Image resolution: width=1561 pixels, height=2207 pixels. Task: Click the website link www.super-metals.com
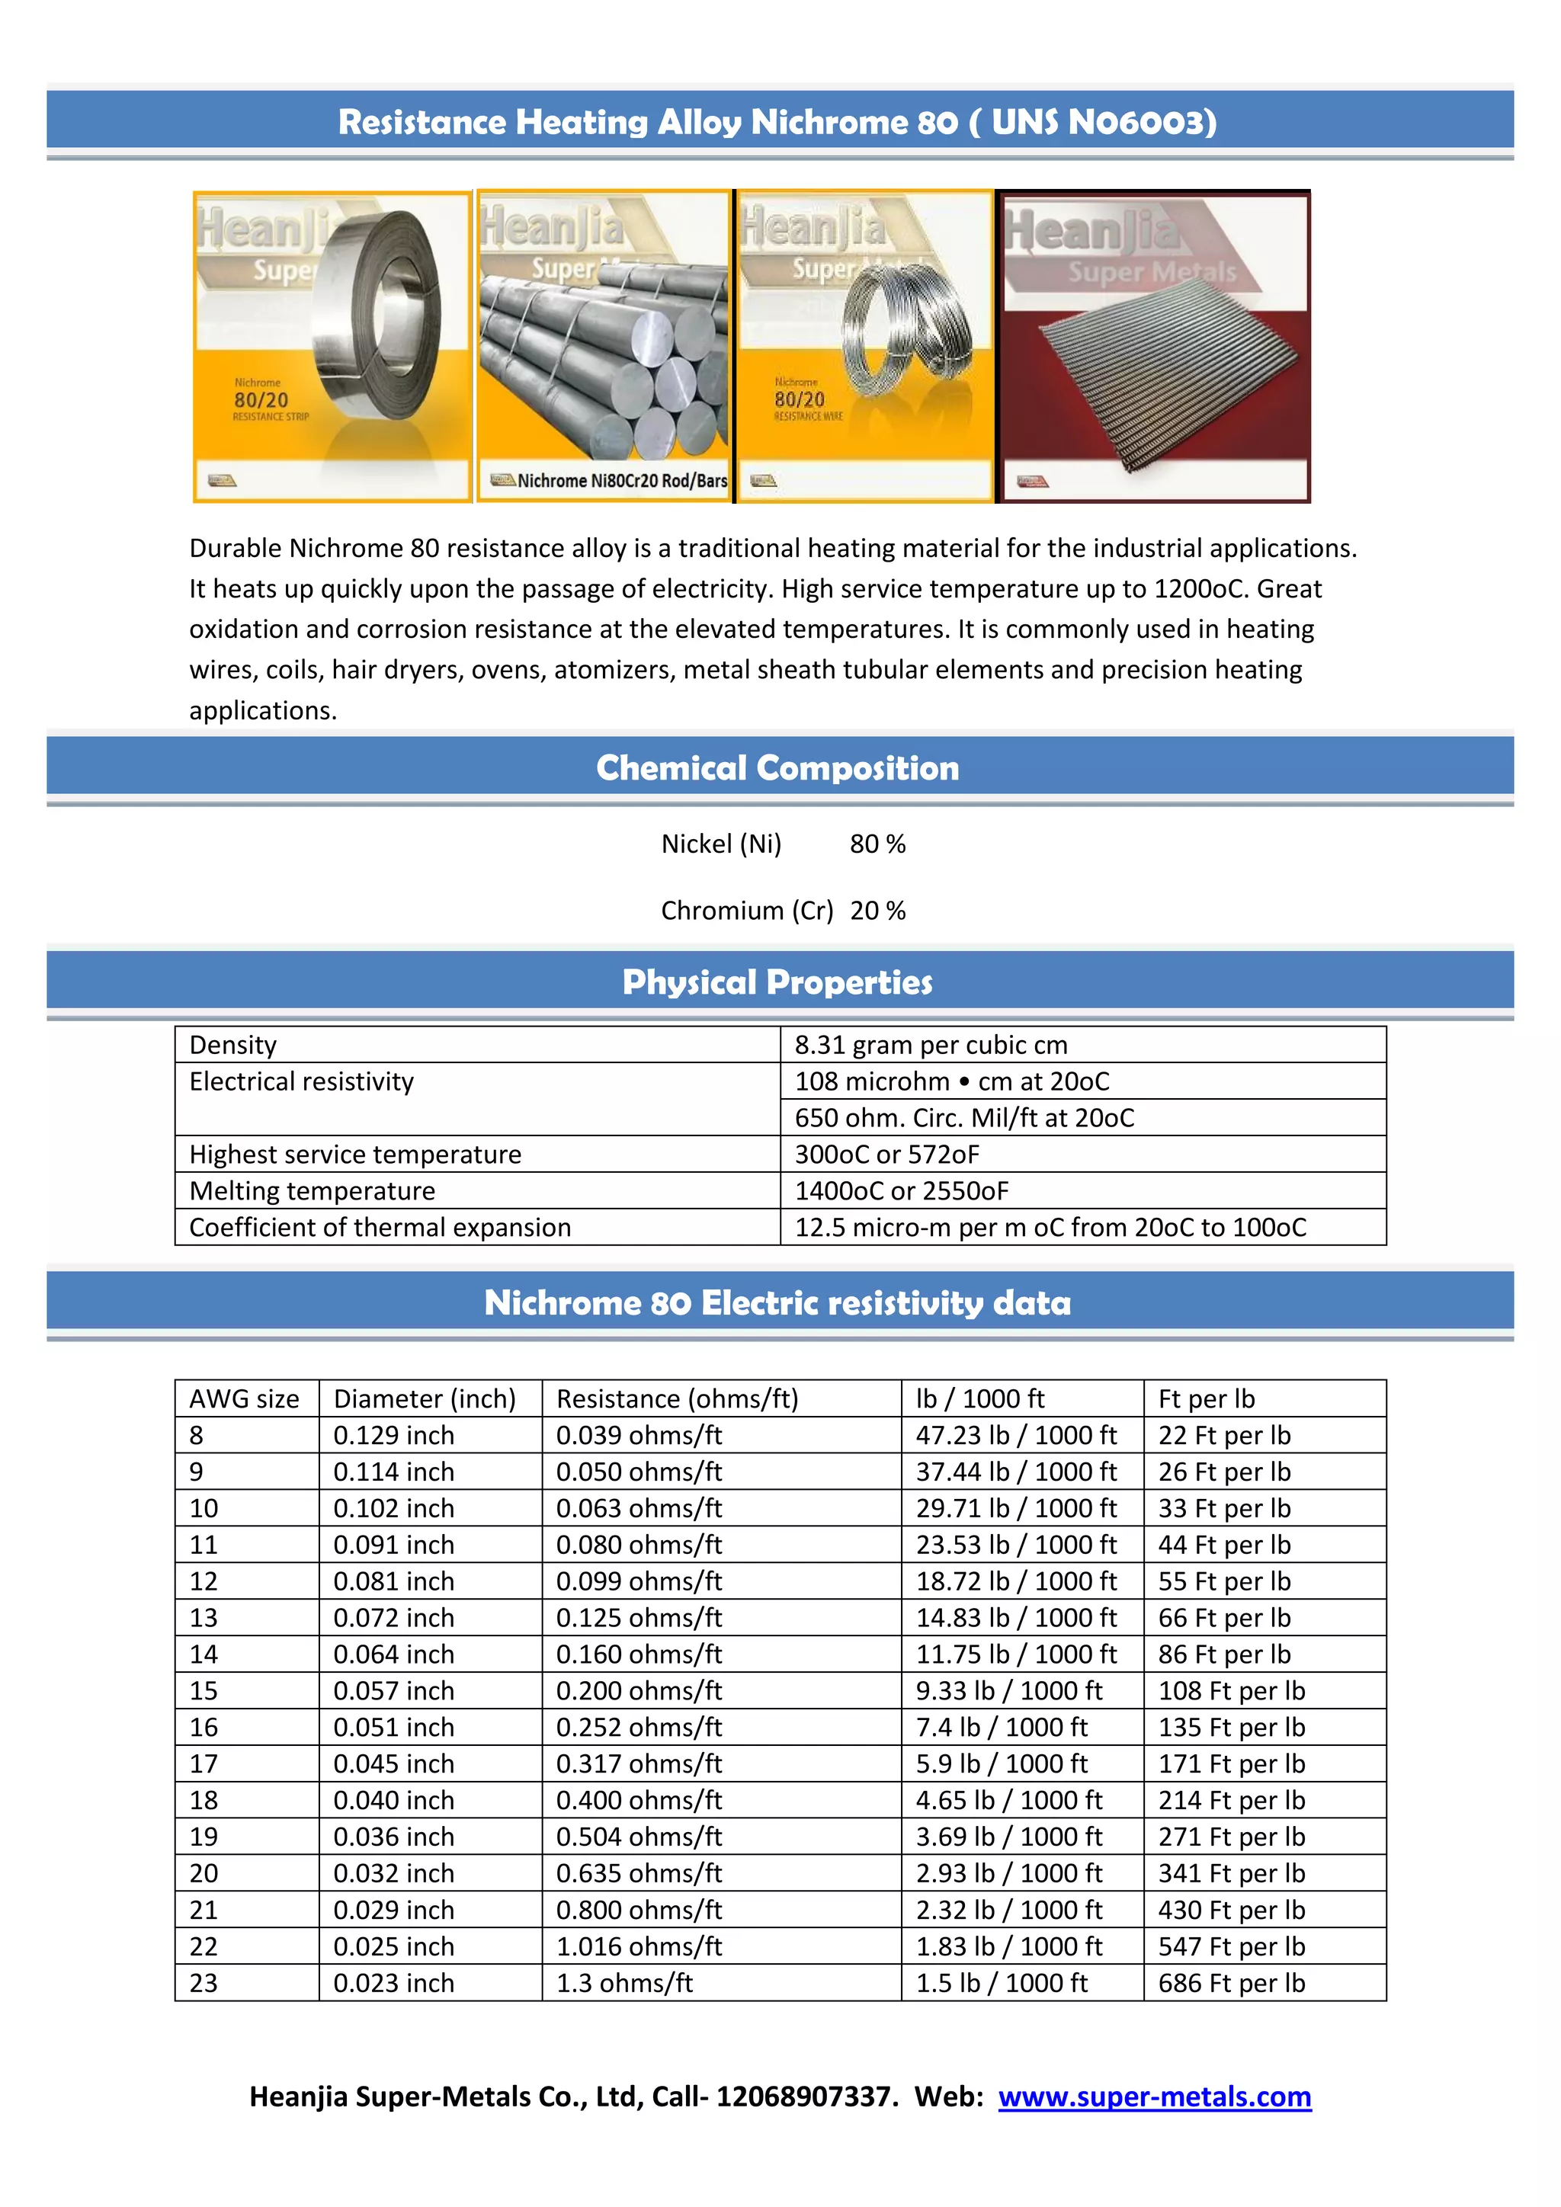pos(1155,2096)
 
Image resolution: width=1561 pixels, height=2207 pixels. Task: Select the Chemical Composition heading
pos(777,767)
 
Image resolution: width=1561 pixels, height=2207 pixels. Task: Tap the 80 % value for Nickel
pos(877,843)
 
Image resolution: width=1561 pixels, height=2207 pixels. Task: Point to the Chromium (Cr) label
pos(747,909)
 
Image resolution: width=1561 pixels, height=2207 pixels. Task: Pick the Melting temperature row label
pos(313,1190)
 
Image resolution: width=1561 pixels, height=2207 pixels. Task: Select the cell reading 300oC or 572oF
pos(886,1154)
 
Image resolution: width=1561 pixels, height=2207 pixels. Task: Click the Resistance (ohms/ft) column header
pos(677,1398)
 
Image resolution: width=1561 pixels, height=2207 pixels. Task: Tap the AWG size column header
pos(244,1398)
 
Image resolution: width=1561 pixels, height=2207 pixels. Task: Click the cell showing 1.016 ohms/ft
pos(638,1946)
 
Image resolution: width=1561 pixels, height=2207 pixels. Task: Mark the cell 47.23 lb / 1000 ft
pos(1016,1434)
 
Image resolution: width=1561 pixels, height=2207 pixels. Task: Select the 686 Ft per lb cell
pos(1231,1982)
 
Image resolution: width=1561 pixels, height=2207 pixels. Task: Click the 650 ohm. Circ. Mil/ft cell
pos(964,1117)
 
